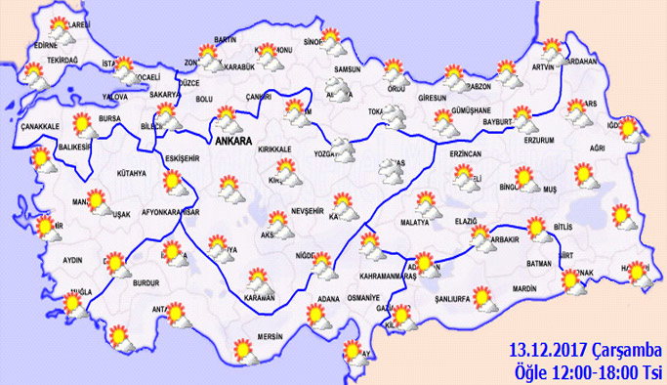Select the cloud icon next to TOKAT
tap(393, 118)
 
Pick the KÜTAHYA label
tap(130, 174)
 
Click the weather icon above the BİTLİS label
tap(536, 231)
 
